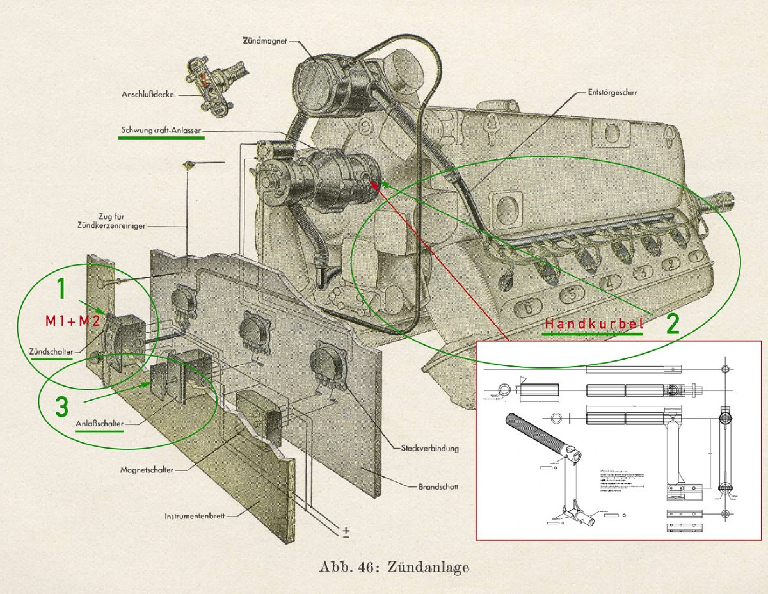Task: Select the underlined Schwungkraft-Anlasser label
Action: [162, 131]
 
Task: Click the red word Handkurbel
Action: [593, 324]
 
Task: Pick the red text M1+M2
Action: [72, 321]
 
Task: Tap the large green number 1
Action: [61, 289]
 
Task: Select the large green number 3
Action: [61, 407]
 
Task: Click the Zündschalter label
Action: [51, 351]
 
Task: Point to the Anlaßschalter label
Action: [99, 424]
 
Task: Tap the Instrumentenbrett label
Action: [197, 516]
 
